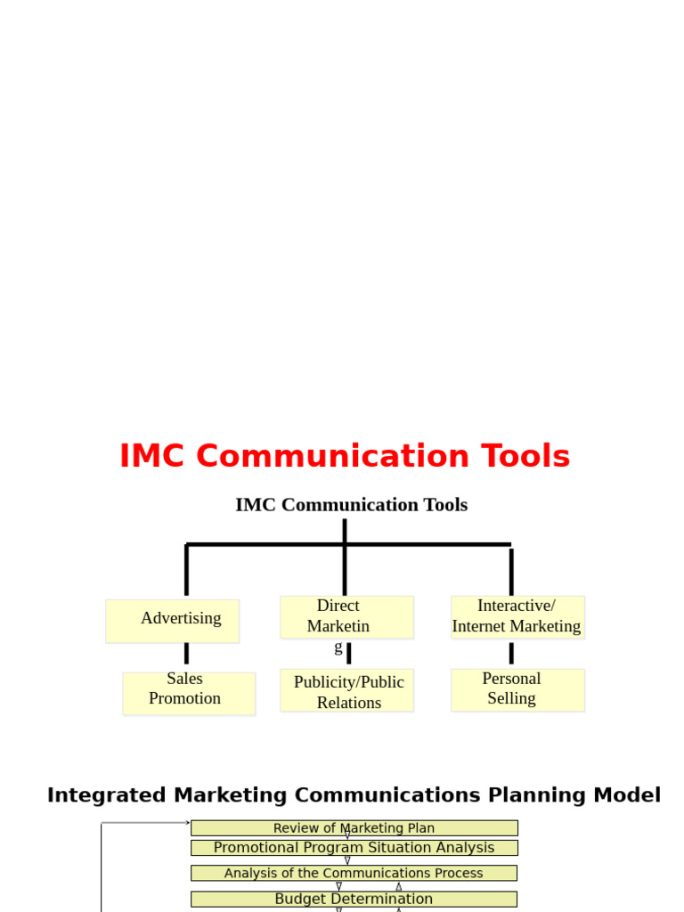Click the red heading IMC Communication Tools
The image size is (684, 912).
(x=345, y=456)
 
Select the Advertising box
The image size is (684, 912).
(x=173, y=620)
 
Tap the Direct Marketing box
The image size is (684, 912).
(x=346, y=616)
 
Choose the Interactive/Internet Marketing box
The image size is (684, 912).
(x=517, y=616)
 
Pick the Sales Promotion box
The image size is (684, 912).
(x=189, y=693)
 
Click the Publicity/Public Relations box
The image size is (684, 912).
(x=346, y=690)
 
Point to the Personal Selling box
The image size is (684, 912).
(x=517, y=689)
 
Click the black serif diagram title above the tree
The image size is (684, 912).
(x=351, y=505)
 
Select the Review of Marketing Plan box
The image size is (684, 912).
(x=354, y=828)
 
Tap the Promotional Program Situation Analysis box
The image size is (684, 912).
(x=354, y=848)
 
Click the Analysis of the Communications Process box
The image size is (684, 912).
(x=354, y=874)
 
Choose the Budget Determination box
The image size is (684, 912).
(x=354, y=899)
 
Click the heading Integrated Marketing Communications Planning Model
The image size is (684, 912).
(x=354, y=795)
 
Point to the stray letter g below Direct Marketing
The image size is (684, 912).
(x=338, y=647)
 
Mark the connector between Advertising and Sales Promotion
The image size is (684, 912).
(x=186, y=654)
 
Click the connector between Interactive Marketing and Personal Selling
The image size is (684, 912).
(x=511, y=653)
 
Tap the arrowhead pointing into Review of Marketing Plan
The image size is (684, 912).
(x=187, y=823)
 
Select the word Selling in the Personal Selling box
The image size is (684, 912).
(x=511, y=698)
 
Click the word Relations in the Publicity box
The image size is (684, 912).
(x=349, y=703)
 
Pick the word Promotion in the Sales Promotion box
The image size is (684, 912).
(x=184, y=698)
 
